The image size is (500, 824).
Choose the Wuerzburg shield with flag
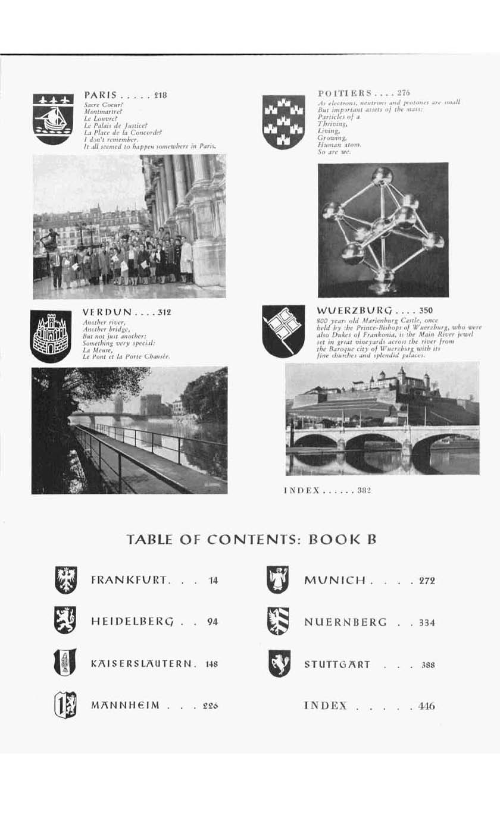pyautogui.click(x=279, y=331)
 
